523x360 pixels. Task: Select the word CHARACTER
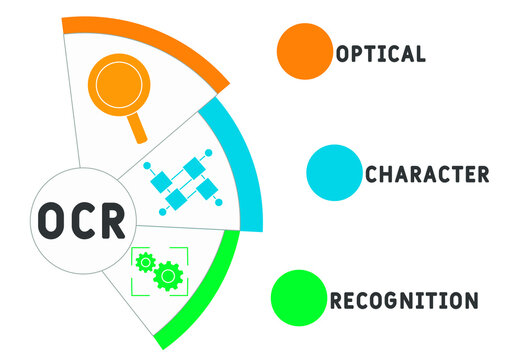(x=426, y=174)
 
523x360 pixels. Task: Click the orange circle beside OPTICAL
(x=304, y=50)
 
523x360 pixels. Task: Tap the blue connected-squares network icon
(x=184, y=179)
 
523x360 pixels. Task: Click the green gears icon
(x=160, y=269)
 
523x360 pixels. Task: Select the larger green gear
(x=169, y=274)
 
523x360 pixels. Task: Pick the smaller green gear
(x=146, y=262)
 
